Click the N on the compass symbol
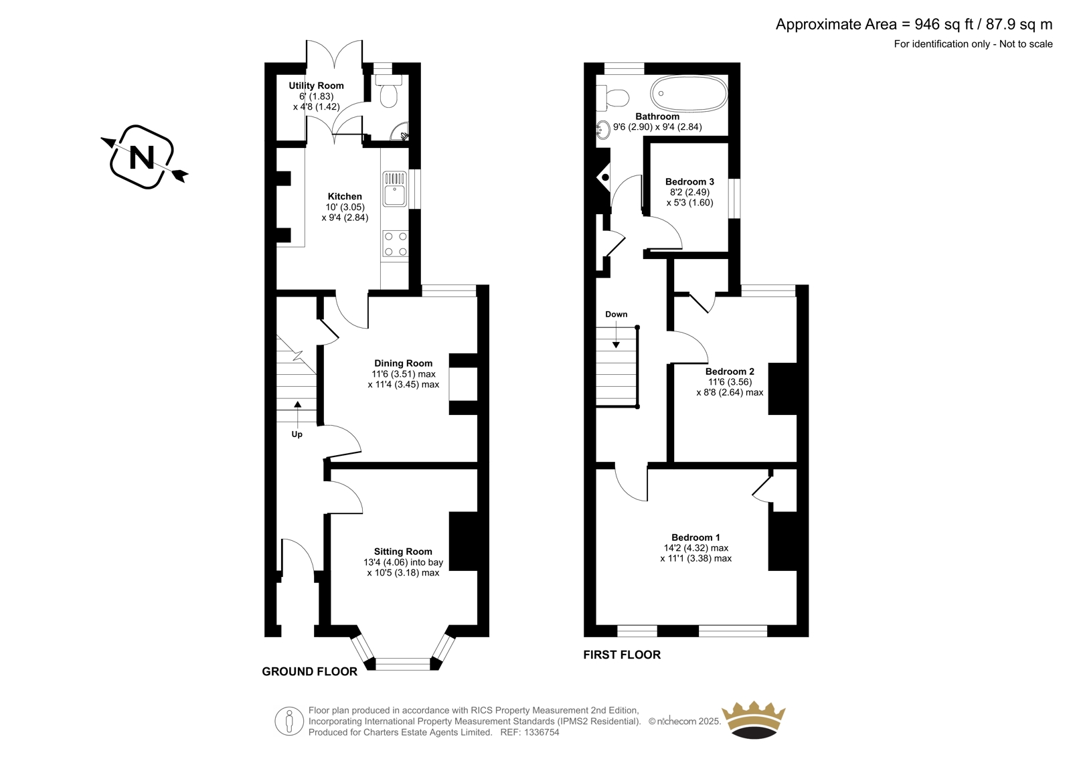[x=142, y=157]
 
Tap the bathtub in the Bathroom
[x=689, y=94]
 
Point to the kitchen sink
[x=394, y=189]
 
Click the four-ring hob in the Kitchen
[x=396, y=244]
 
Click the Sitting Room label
[x=402, y=552]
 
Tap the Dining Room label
[x=403, y=363]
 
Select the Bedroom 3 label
[x=689, y=181]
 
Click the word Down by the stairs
[x=616, y=314]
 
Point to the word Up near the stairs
[x=297, y=434]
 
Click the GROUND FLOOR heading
[x=309, y=671]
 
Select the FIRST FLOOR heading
[x=622, y=655]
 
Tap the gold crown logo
[x=753, y=720]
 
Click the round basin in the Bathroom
[x=603, y=130]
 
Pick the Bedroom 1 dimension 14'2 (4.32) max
[x=695, y=548]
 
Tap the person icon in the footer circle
[x=289, y=722]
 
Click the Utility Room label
[x=316, y=86]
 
